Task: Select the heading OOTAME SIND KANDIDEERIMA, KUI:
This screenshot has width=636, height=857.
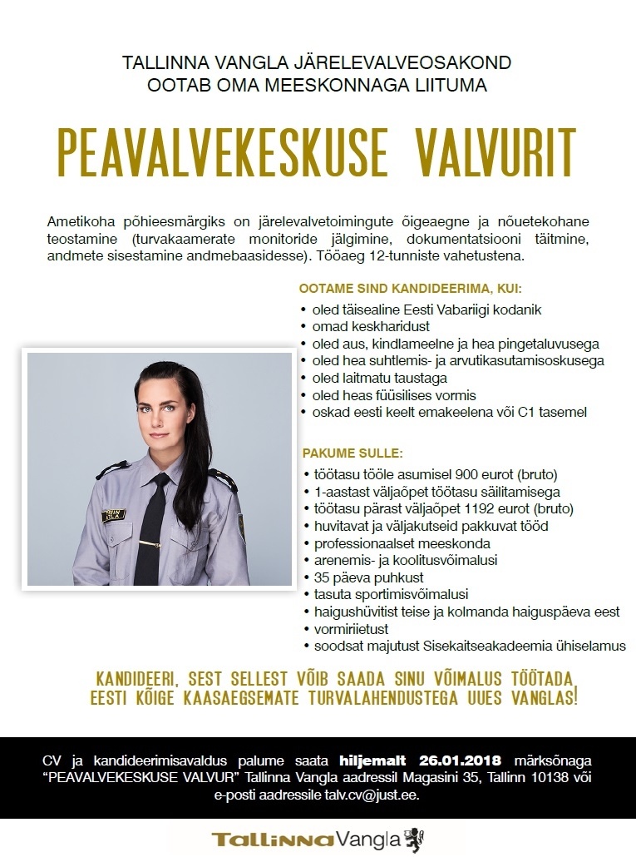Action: coord(410,289)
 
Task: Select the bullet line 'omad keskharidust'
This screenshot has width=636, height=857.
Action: coord(362,326)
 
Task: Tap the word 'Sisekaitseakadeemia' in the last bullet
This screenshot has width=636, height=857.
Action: coord(486,646)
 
